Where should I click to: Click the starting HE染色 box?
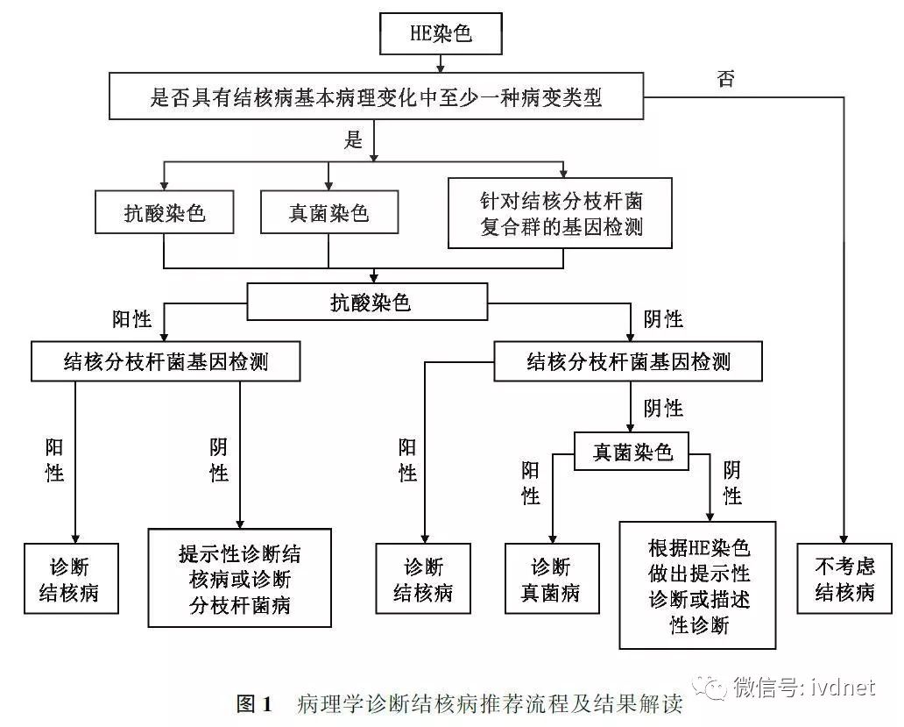[x=441, y=35]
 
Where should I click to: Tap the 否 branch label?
[x=726, y=80]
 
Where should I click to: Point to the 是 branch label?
[x=354, y=140]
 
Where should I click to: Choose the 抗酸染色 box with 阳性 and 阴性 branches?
[x=370, y=303]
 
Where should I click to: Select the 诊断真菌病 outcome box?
[x=551, y=578]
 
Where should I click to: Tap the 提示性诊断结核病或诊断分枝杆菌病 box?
[x=239, y=578]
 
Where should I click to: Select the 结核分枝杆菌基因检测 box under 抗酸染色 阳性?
[x=166, y=361]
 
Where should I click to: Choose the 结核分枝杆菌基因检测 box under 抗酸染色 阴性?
[x=628, y=361]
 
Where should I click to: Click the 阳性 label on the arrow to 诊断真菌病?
[x=531, y=484]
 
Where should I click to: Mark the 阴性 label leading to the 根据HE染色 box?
[x=732, y=484]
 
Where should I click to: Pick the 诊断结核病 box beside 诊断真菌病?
[x=423, y=578]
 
